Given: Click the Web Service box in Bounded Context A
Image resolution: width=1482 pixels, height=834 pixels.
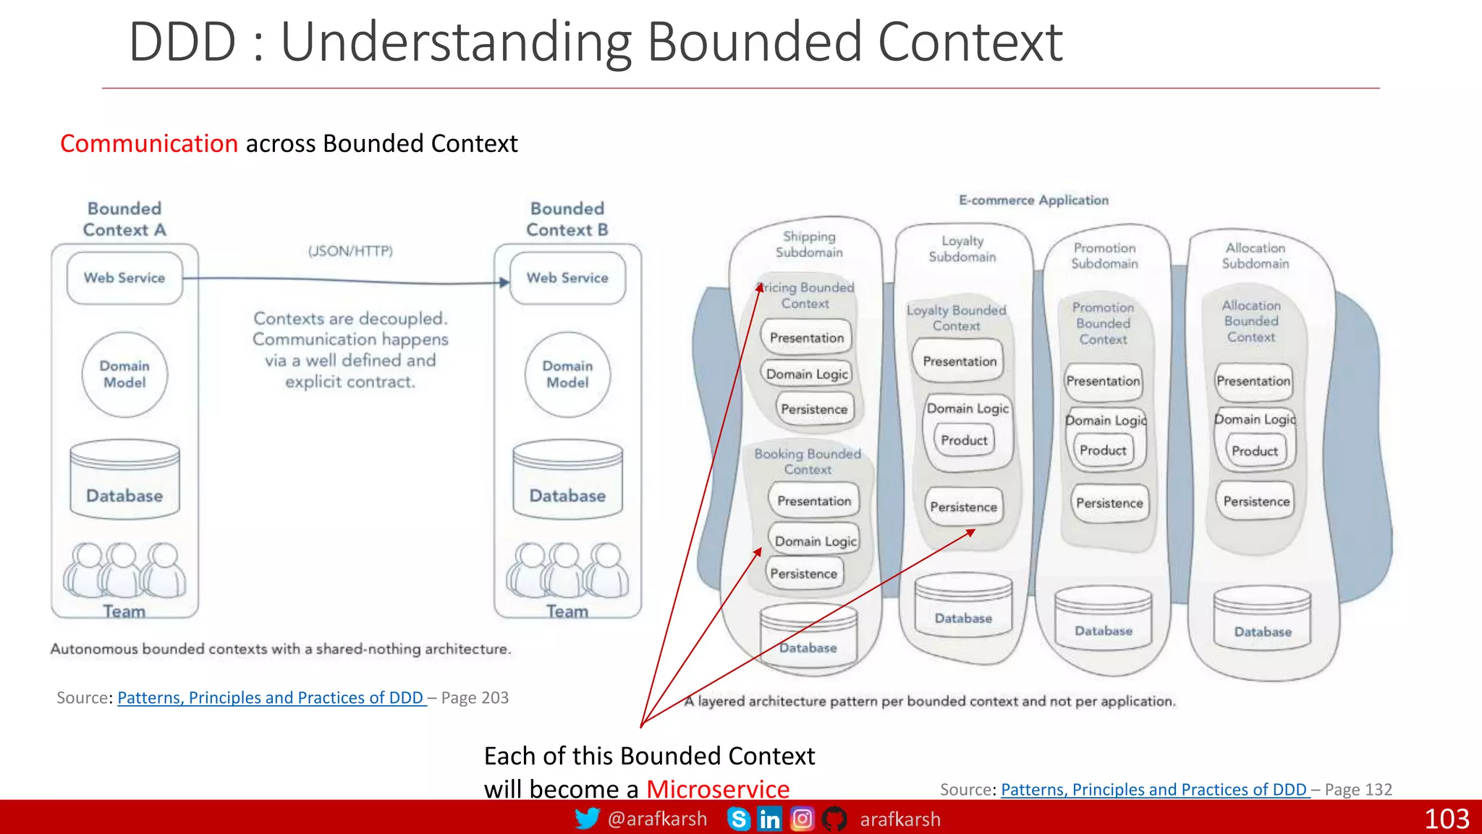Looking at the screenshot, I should (124, 278).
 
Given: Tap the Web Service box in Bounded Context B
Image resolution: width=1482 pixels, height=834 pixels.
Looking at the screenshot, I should (567, 278).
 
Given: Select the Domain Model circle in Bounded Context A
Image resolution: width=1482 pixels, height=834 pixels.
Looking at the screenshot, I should (124, 374).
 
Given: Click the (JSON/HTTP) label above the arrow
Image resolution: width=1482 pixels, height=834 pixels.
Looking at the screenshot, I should (350, 251).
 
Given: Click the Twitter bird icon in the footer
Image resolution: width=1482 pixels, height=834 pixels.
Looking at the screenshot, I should (587, 819).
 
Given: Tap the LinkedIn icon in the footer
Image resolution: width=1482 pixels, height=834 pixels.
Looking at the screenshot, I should (769, 819).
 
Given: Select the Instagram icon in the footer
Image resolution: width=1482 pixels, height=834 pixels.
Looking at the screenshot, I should (802, 819).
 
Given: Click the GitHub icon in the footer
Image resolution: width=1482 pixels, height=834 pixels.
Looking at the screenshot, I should (834, 819).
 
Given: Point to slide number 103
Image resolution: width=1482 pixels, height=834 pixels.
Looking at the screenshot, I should (1447, 819).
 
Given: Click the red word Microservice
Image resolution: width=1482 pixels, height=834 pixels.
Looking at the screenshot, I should (717, 788).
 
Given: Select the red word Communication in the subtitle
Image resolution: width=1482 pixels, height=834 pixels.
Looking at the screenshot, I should (149, 143).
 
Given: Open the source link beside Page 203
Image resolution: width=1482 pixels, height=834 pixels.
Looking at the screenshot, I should (271, 698).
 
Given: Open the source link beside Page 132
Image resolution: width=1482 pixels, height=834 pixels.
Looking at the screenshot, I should (1154, 789).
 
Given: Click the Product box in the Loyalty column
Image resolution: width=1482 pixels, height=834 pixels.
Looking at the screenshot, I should (964, 440).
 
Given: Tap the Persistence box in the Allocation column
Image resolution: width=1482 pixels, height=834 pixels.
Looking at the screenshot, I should (1256, 502).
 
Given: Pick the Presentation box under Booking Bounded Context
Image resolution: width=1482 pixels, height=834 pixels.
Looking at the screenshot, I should (814, 501).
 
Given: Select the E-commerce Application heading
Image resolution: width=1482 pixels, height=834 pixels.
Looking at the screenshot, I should (1033, 200).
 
